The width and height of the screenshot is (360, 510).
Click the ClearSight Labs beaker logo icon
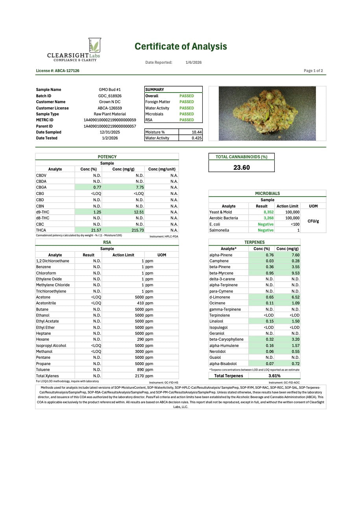click(95, 45)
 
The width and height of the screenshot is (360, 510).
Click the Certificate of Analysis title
click(181, 46)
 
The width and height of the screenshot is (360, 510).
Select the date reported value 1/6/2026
click(194, 63)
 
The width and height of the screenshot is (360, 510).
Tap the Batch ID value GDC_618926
click(110, 96)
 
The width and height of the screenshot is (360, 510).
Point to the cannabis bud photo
click(267, 113)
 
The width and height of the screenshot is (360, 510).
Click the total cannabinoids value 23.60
click(241, 167)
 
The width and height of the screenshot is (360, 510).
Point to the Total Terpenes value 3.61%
click(274, 376)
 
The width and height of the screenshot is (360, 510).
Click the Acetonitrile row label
click(46, 303)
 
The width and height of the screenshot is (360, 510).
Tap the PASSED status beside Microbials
click(186, 114)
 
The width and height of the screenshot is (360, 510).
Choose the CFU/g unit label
click(313, 221)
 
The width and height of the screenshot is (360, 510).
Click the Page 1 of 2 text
click(313, 71)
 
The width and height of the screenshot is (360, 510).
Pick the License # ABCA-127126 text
click(57, 71)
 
